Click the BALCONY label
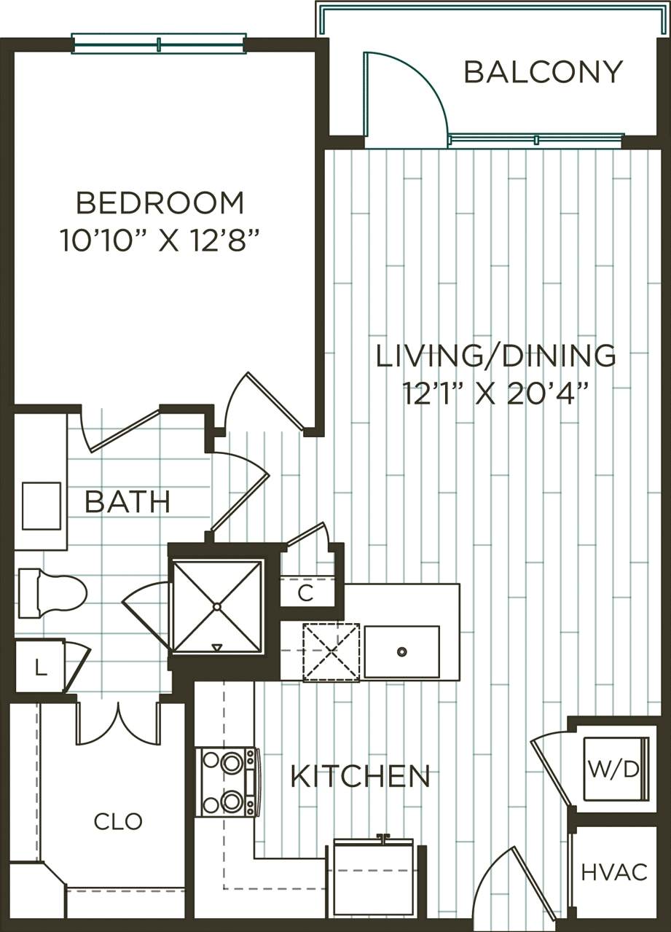543,72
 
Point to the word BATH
127,502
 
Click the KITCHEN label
360,777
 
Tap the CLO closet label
118,822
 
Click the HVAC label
614,872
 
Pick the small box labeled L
40,666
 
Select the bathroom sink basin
42,506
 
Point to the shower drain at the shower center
216,606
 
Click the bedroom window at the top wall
159,44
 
